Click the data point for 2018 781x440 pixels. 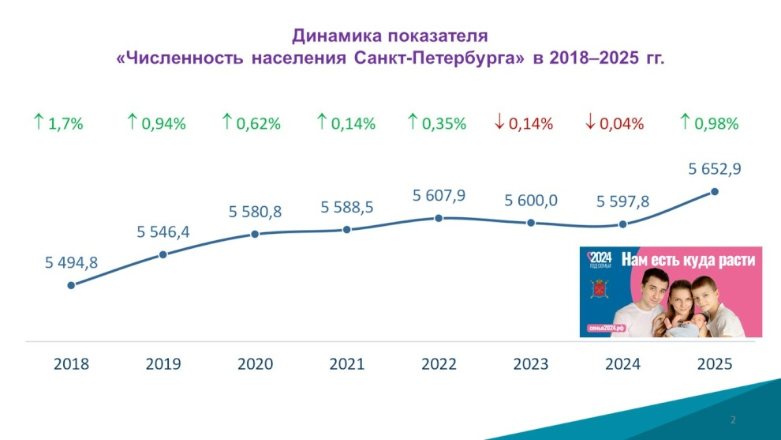pos(71,284)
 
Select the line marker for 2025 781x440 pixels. pos(715,191)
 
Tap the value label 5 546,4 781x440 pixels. pos(163,231)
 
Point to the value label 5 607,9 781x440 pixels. pos(439,195)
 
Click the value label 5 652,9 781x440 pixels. pos(715,168)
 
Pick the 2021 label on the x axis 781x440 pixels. pos(347,364)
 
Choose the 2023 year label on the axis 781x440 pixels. pos(531,364)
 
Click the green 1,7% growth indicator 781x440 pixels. pos(58,123)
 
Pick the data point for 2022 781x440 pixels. pos(439,217)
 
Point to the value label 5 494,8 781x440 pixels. pos(71,263)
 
